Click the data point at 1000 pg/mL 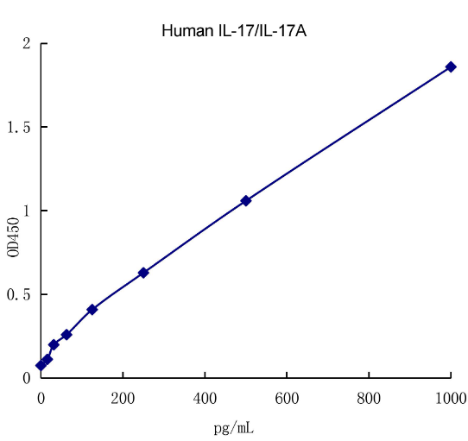451,66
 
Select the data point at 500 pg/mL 246,200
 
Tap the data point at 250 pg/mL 143,273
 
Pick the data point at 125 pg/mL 92,309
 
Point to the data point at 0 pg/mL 41,366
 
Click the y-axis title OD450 13,236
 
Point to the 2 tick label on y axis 27,44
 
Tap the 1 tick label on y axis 27,211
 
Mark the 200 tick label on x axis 123,399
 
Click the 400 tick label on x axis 205,399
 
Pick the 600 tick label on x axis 287,399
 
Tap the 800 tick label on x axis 369,399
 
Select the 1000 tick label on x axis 449,399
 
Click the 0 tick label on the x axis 41,399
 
